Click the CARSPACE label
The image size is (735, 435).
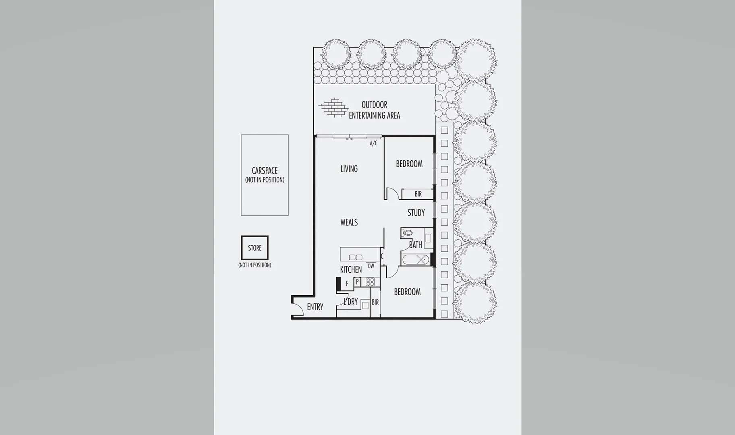pyautogui.click(x=265, y=171)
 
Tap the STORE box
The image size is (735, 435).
pyautogui.click(x=255, y=248)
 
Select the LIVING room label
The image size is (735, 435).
pyautogui.click(x=349, y=169)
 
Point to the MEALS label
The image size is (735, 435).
pyautogui.click(x=349, y=222)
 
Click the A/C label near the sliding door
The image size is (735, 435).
pyautogui.click(x=373, y=143)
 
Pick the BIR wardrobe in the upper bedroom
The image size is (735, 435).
pyautogui.click(x=418, y=194)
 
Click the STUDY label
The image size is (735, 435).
pyautogui.click(x=416, y=213)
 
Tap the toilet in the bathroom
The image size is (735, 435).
pyautogui.click(x=407, y=233)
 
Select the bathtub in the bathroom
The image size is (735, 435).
pyautogui.click(x=415, y=260)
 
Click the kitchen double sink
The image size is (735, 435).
pyautogui.click(x=355, y=257)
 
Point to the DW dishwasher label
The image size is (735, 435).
pyautogui.click(x=371, y=266)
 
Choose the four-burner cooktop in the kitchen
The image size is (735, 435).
pyautogui.click(x=370, y=282)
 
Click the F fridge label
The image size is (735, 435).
pyautogui.click(x=347, y=284)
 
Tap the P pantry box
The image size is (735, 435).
pyautogui.click(x=357, y=282)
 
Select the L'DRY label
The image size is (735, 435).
pyautogui.click(x=350, y=302)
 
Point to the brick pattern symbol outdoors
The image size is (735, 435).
pyautogui.click(x=333, y=108)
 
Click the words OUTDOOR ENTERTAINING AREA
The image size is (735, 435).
pyautogui.click(x=374, y=110)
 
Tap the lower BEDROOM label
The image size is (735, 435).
pyautogui.click(x=407, y=292)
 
